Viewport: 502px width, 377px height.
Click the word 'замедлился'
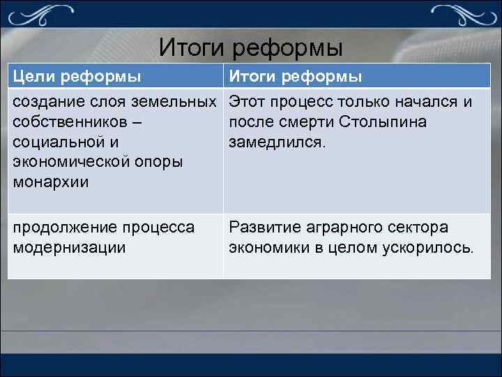[x=273, y=142]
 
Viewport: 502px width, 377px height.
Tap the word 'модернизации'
[x=69, y=248]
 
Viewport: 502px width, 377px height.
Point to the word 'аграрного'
[x=344, y=228]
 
